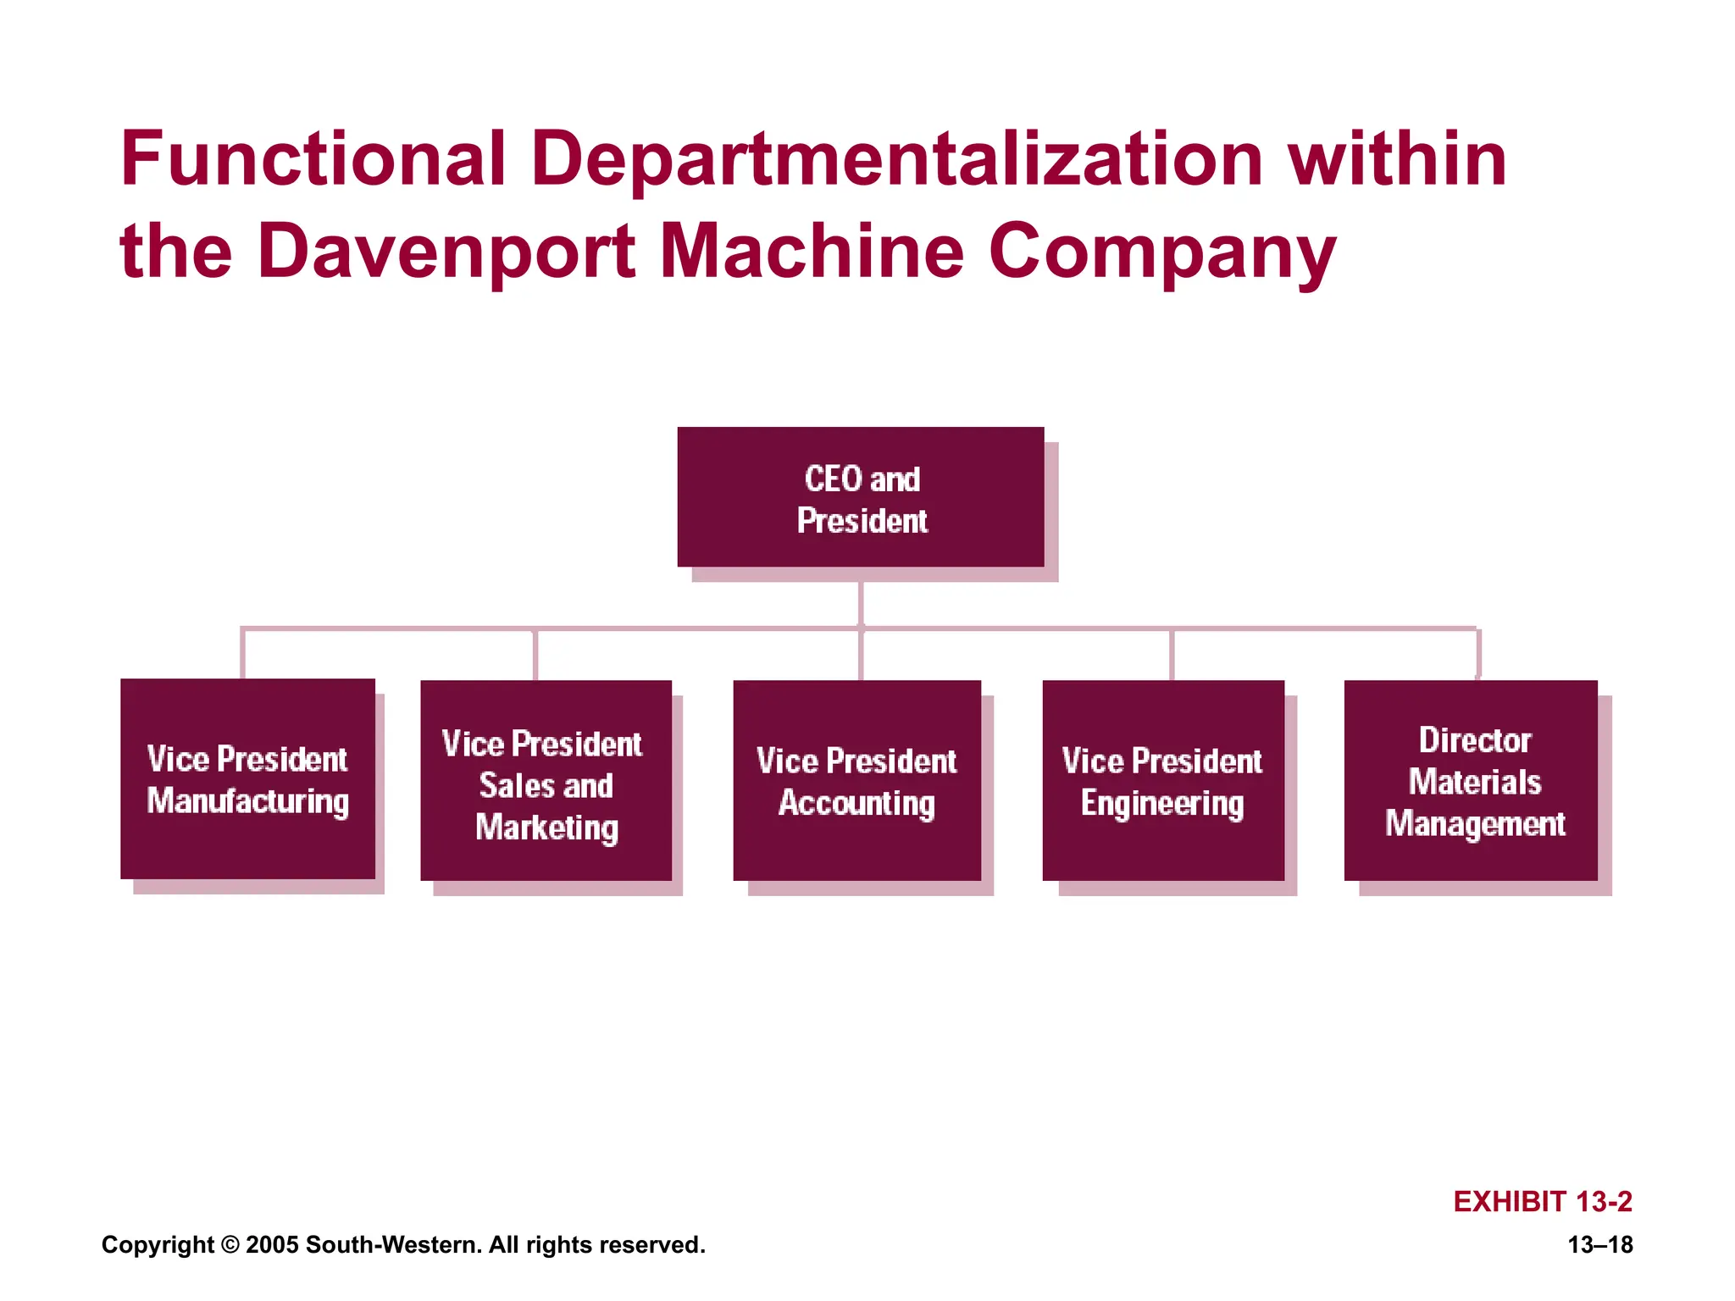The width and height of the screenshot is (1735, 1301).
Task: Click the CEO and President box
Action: (x=860, y=497)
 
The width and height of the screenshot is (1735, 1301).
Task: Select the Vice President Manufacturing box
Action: (x=247, y=778)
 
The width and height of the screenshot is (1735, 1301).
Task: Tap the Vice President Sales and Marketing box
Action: (x=546, y=780)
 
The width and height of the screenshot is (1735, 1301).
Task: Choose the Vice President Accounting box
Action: (x=856, y=780)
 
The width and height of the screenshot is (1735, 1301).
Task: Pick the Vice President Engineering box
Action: (x=1162, y=780)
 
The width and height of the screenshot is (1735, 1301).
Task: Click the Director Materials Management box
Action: (x=1471, y=780)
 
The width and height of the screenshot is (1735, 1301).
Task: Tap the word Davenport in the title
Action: (x=446, y=252)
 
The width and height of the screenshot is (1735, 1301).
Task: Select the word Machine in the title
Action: (x=811, y=251)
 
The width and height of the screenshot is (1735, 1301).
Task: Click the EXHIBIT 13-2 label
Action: (x=1542, y=1201)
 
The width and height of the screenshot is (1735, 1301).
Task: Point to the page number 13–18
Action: (x=1599, y=1244)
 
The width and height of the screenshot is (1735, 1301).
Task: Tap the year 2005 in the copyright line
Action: (x=272, y=1244)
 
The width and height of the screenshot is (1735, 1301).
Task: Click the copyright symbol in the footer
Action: (x=230, y=1245)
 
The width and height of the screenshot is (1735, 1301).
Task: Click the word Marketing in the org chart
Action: (x=546, y=828)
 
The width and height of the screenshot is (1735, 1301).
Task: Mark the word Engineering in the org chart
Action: (x=1162, y=803)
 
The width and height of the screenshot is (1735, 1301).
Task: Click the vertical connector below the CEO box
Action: (x=861, y=603)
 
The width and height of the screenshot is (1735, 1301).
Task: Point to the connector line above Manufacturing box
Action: (x=243, y=654)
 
